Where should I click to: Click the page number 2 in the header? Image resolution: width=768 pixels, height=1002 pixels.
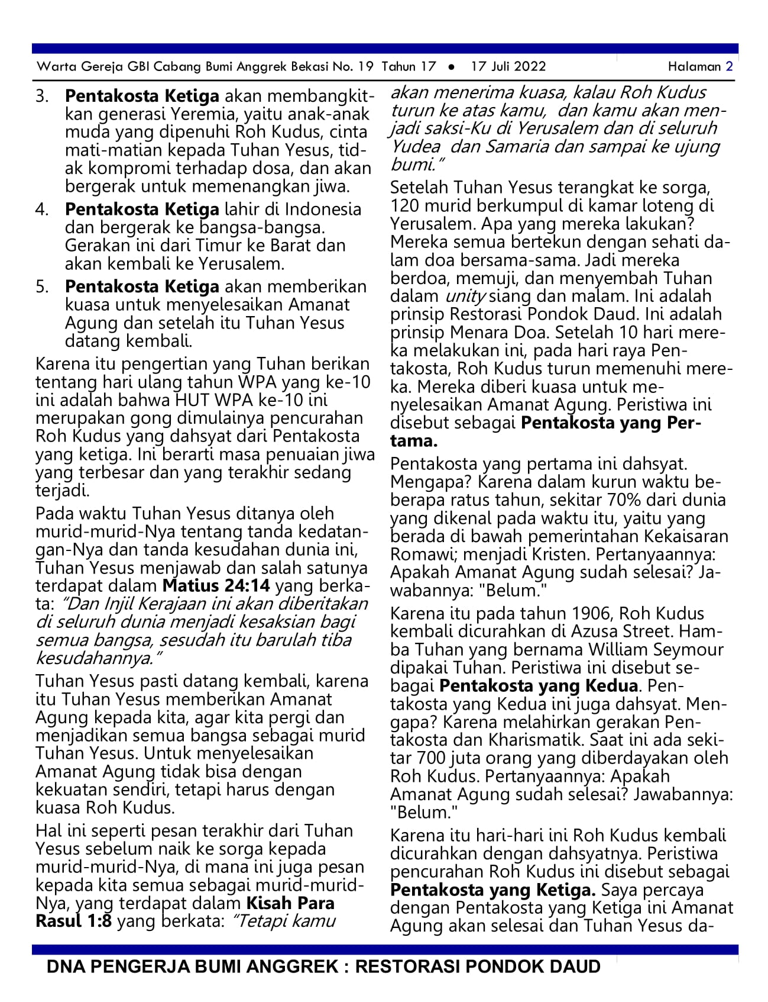pyautogui.click(x=730, y=66)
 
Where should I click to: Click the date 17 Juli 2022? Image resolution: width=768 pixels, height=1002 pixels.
pyautogui.click(x=508, y=66)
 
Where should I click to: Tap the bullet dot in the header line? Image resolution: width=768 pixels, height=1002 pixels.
pyautogui.click(x=452, y=67)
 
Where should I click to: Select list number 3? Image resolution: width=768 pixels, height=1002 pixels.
pyautogui.click(x=42, y=96)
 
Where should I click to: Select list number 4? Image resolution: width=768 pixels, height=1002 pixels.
pyautogui.click(x=42, y=210)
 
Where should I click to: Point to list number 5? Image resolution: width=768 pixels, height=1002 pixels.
pyautogui.click(x=42, y=287)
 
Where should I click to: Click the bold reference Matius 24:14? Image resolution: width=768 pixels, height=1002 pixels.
pyautogui.click(x=216, y=586)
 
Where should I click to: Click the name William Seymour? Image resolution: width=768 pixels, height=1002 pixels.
pyautogui.click(x=656, y=650)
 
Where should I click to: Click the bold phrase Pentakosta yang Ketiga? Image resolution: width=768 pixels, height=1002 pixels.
pyautogui.click(x=493, y=890)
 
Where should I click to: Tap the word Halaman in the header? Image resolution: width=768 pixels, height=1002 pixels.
pyautogui.click(x=694, y=66)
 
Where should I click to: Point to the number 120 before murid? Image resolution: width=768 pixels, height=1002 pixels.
pyautogui.click(x=404, y=206)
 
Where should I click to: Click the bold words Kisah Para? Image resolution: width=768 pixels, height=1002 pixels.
pyautogui.click(x=290, y=904)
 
